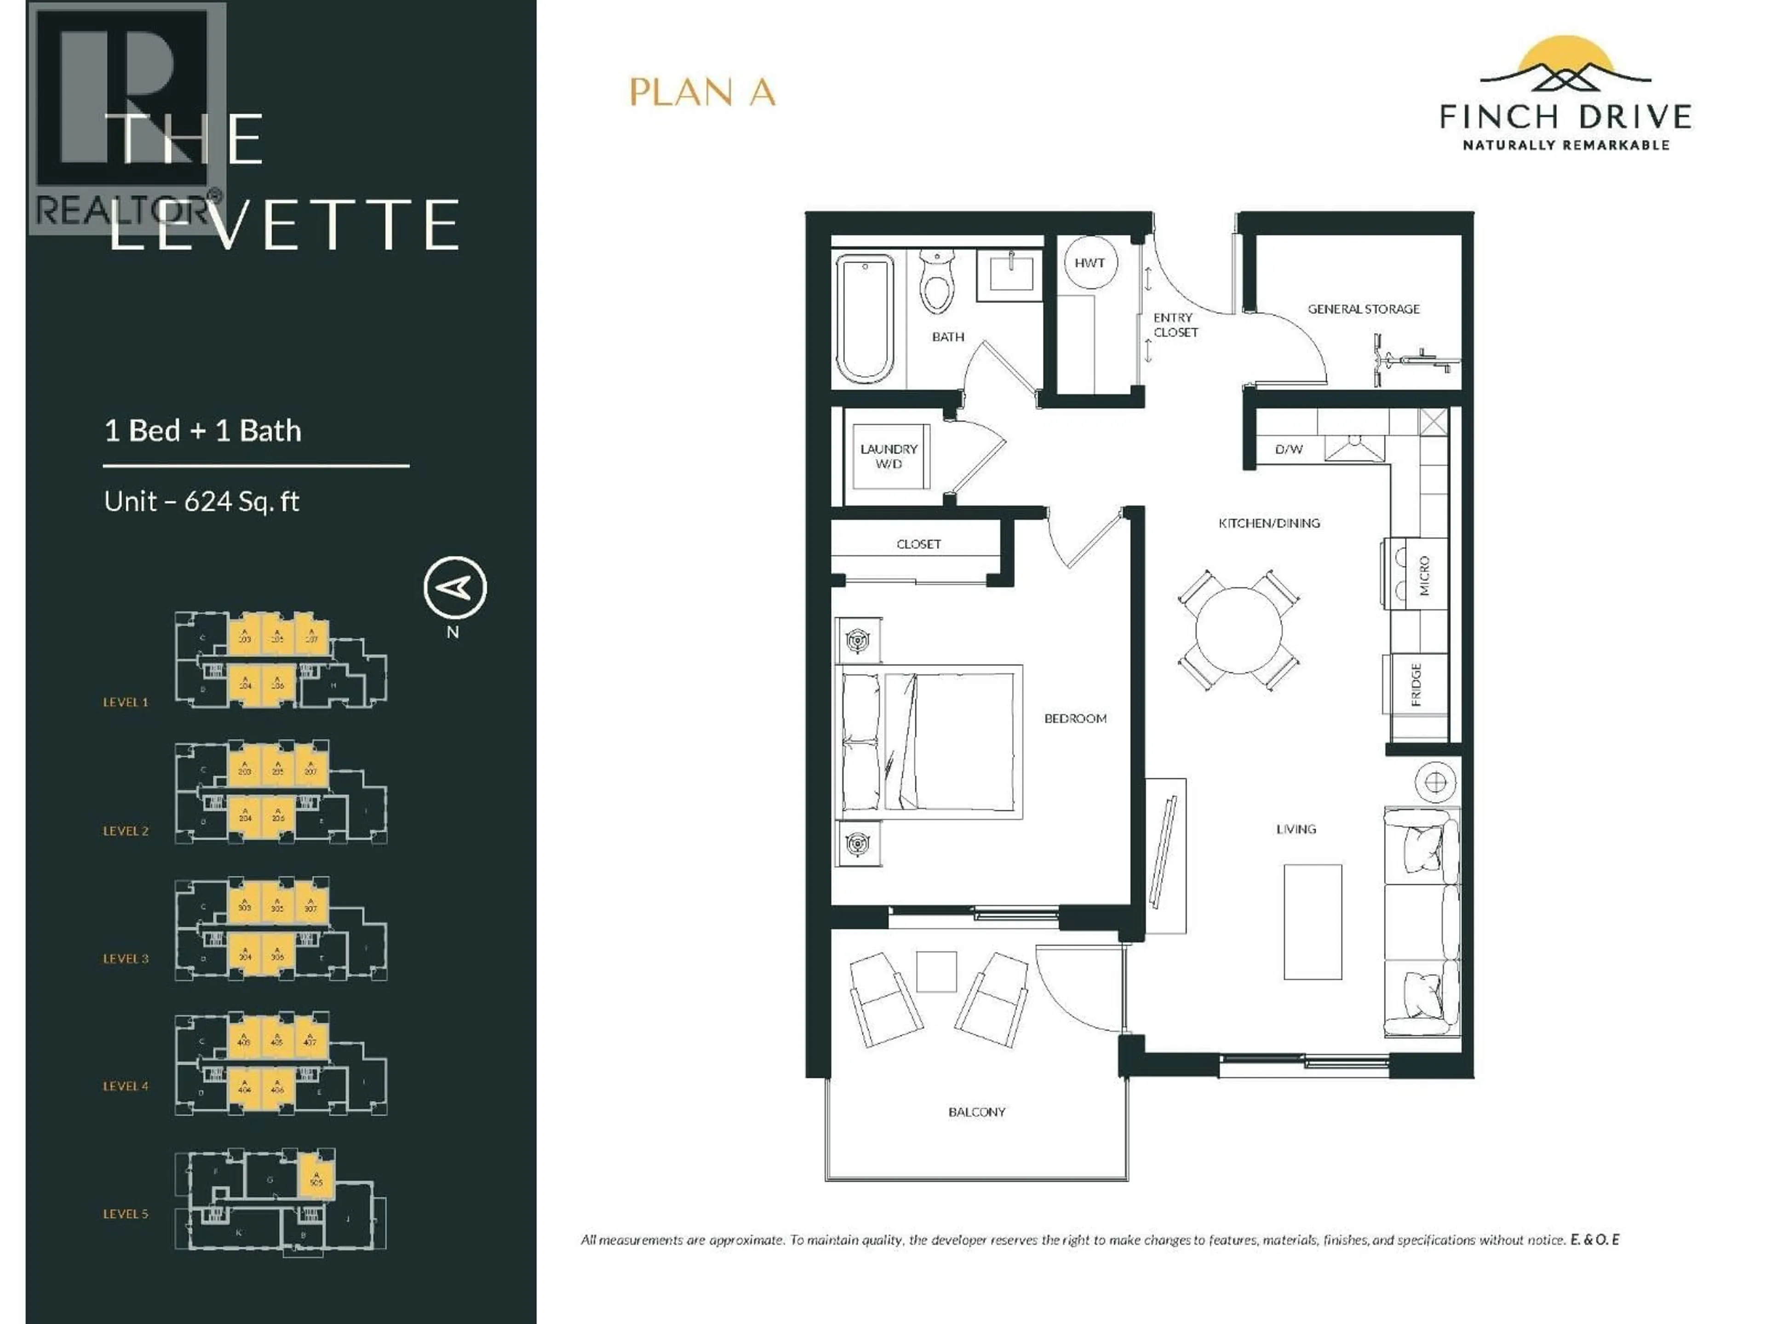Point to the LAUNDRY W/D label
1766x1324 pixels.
coord(889,456)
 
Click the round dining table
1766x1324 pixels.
coord(1238,630)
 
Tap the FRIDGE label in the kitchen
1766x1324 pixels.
coord(1416,685)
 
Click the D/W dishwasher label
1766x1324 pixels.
coord(1289,449)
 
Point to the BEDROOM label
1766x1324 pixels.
coord(1075,718)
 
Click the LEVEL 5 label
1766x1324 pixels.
coord(126,1214)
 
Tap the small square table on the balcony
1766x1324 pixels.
coord(936,971)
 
